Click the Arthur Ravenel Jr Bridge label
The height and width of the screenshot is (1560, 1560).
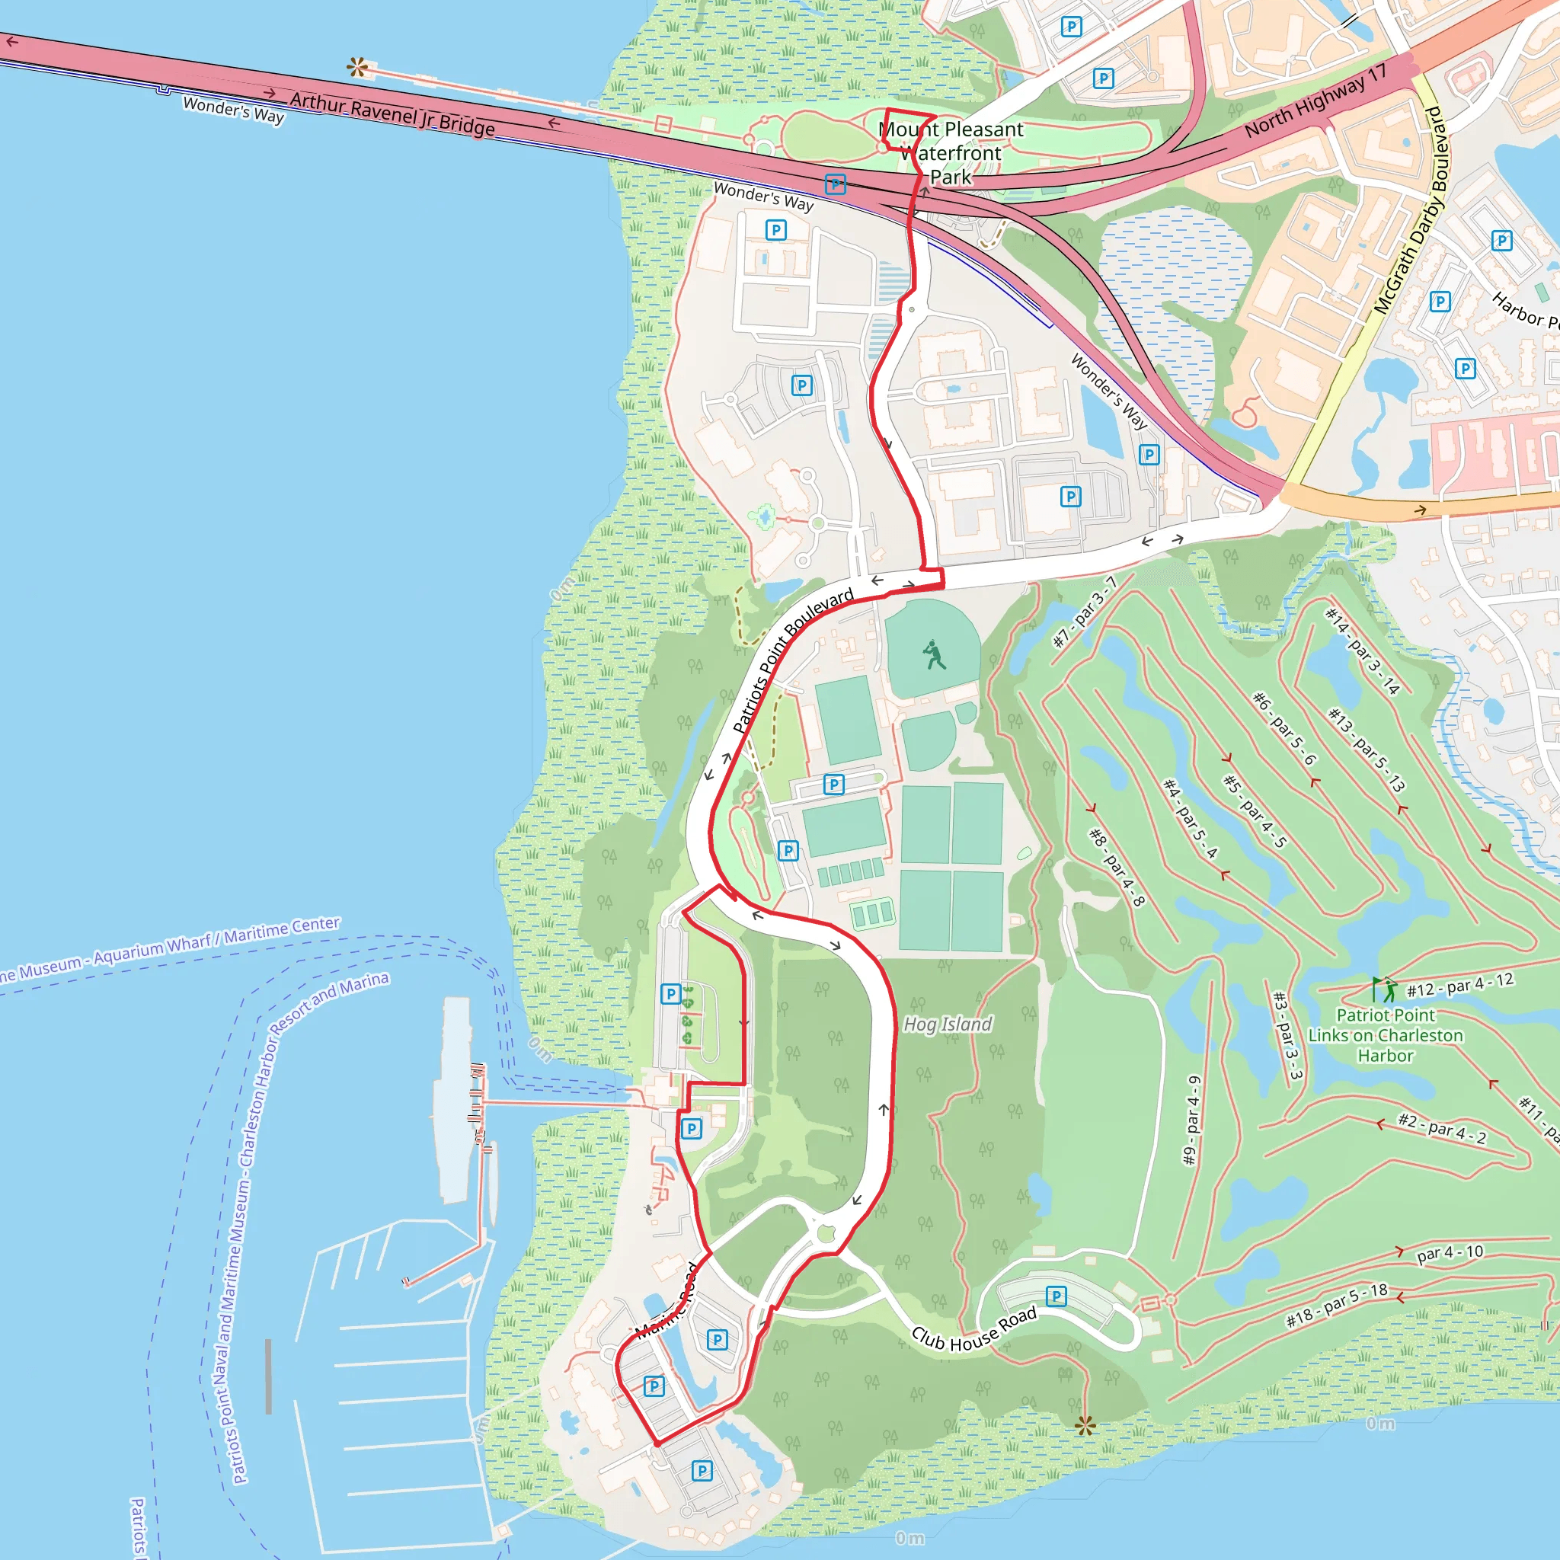coord(392,113)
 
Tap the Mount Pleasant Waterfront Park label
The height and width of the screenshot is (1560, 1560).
coord(951,152)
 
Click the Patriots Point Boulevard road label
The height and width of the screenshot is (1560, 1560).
coord(792,661)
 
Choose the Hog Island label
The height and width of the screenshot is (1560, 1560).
coord(947,1024)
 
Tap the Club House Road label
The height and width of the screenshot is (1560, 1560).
coord(973,1330)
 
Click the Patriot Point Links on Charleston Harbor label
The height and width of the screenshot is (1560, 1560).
coord(1386,1035)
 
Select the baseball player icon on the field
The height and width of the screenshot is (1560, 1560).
coord(934,655)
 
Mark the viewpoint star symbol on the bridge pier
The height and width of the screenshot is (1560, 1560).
coord(357,68)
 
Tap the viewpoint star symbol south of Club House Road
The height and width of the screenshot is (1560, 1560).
coord(1085,1426)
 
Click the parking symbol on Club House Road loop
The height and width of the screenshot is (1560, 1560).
coord(1057,1296)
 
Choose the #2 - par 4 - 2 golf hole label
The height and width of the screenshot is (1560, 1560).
coord(1442,1128)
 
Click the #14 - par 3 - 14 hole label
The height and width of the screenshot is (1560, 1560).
coord(1362,651)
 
